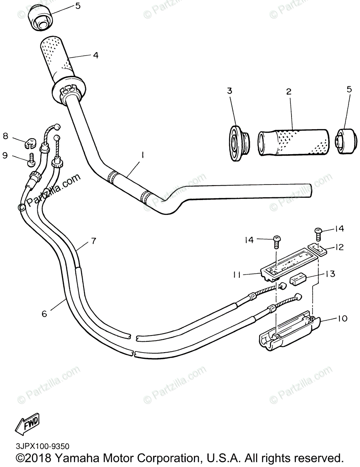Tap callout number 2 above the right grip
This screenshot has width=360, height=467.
[x=288, y=92]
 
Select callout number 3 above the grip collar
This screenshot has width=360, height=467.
[x=230, y=91]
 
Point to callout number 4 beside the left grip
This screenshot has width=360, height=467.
[x=95, y=55]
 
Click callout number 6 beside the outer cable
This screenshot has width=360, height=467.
[x=44, y=313]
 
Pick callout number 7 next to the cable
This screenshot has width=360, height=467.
[x=93, y=241]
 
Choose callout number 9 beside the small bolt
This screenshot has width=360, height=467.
[x=5, y=155]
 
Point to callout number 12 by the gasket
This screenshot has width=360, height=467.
[x=339, y=246]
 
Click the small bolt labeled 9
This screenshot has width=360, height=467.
[x=31, y=160]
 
